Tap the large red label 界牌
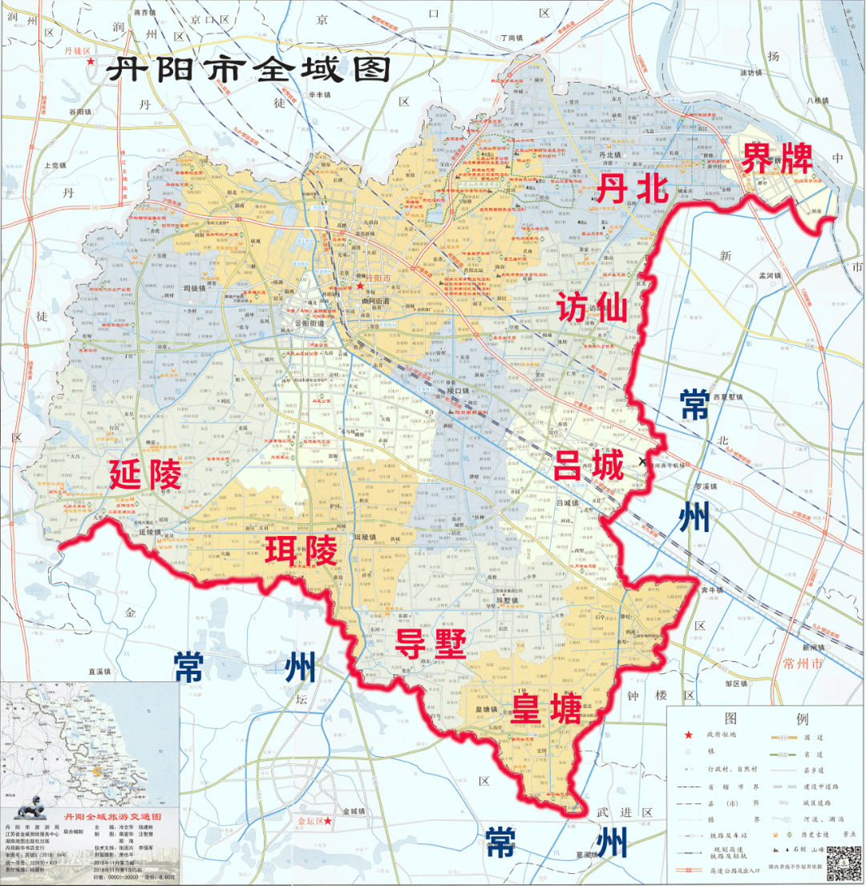coord(776,158)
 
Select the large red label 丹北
coord(631,189)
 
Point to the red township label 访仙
coord(592,306)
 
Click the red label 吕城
coord(588,464)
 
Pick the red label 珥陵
coord(302,553)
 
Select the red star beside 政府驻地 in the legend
coord(686,736)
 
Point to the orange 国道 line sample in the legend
coord(782,736)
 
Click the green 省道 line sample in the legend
coord(782,752)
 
